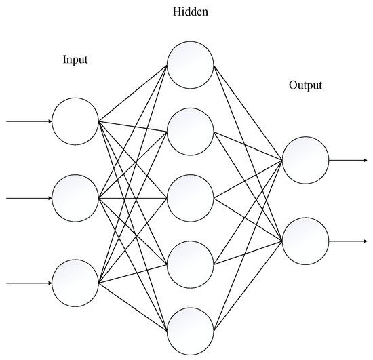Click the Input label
click(x=75, y=60)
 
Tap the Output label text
click(x=305, y=86)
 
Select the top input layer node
click(x=75, y=122)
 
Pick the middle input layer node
click(x=75, y=198)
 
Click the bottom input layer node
click(x=75, y=282)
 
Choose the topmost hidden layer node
click(x=190, y=65)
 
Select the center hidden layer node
click(x=190, y=198)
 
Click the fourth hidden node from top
click(x=190, y=263)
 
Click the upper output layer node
click(x=305, y=161)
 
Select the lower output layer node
click(x=305, y=241)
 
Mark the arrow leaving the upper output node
click(x=349, y=161)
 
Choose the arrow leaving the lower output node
click(x=349, y=241)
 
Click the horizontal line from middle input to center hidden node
click(x=133, y=198)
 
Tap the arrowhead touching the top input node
click(x=49, y=122)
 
